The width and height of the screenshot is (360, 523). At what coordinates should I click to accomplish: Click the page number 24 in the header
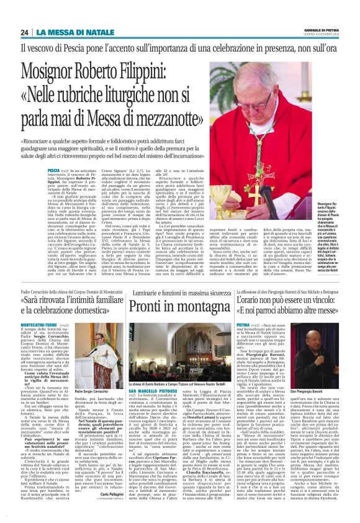(x=24, y=32)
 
